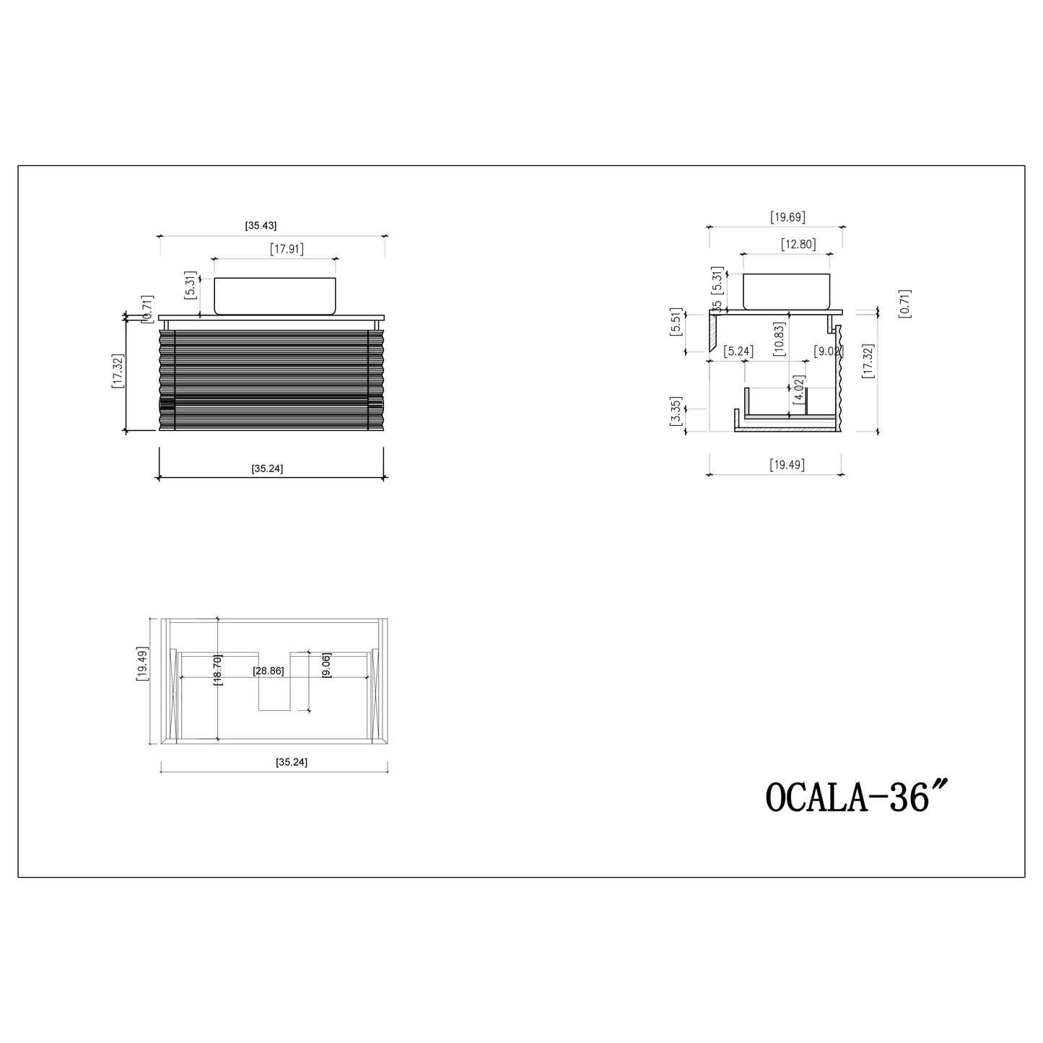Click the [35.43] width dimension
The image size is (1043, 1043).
pos(261,226)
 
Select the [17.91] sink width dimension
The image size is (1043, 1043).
pos(287,250)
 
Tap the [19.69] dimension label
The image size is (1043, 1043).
pos(787,217)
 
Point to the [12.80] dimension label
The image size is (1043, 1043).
pos(798,245)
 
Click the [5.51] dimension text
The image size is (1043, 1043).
pos(676,321)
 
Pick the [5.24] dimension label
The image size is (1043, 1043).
pos(738,352)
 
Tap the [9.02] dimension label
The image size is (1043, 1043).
pos(826,352)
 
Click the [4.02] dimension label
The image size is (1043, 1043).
pos(798,388)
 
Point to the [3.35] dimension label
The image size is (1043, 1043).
pos(676,411)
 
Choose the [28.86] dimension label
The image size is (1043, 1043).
pos(268,671)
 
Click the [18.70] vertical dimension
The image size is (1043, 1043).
pos(218,670)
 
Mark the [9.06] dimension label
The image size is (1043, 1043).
pos(326,665)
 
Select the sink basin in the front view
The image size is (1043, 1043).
pos(275,296)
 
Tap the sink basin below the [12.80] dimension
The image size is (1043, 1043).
pos(787,292)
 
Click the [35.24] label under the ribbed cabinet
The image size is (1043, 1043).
pos(267,468)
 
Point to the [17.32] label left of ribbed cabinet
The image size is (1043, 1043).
pos(117,371)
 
